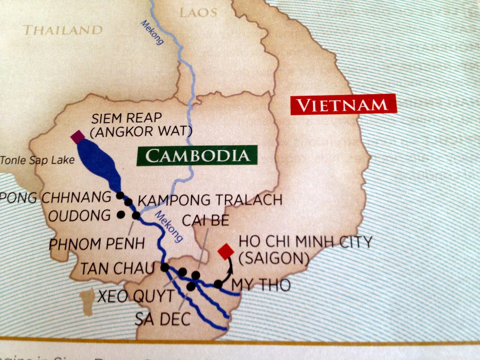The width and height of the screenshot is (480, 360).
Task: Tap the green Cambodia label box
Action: (197, 155)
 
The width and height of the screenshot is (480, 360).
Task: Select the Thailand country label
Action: (63, 30)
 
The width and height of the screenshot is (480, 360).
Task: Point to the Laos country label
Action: (198, 13)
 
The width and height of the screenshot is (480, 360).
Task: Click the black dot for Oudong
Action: (121, 214)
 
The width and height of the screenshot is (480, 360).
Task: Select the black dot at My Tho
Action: (218, 284)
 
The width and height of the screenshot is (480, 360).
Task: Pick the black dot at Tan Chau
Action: (165, 267)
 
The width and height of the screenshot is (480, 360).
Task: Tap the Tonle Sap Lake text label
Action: (37, 160)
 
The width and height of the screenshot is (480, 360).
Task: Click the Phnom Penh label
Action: (97, 244)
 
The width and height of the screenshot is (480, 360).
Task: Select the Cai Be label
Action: (205, 220)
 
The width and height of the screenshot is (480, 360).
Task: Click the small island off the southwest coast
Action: (87, 301)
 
